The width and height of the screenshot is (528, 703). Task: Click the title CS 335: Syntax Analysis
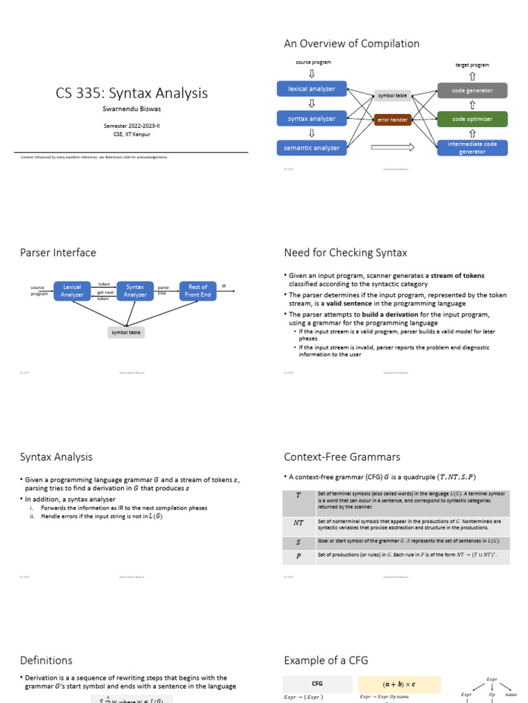pos(132,93)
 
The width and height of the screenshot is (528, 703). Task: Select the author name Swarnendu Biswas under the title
pos(132,108)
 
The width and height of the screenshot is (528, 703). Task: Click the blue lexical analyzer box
pos(311,89)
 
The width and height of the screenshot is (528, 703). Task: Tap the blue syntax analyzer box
pos(311,118)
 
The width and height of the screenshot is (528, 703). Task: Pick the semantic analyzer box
pos(311,148)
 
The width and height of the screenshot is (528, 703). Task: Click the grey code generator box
pos(472,90)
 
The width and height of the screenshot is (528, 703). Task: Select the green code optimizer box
pos(472,119)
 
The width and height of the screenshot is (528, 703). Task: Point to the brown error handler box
pos(393,119)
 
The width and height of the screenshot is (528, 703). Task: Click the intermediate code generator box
pos(472,148)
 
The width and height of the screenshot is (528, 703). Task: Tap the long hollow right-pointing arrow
pos(393,146)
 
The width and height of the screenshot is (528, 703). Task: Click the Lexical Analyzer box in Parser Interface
pos(72,290)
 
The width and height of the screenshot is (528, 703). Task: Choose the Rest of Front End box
pos(198,290)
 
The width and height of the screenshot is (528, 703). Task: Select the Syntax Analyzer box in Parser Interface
pos(135,290)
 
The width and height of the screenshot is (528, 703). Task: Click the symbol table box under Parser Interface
pos(125,332)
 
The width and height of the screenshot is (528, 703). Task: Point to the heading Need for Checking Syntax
pos(345,253)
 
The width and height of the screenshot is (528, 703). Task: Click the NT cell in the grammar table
pos(298,522)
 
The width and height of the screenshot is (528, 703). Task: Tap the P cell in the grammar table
pos(298,556)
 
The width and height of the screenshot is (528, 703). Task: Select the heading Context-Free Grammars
pos(342,457)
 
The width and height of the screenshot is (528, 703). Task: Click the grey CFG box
pos(317,684)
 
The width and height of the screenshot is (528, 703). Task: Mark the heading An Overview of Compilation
pos(351,44)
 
